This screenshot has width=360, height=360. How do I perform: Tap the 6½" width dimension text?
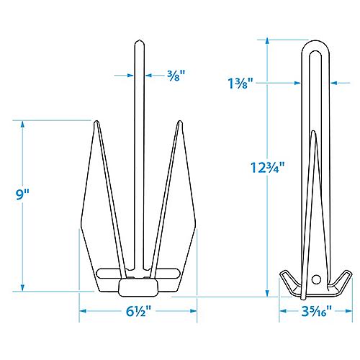pyautogui.click(x=137, y=312)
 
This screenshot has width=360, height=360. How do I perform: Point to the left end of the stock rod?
pyautogui.click(x=97, y=273)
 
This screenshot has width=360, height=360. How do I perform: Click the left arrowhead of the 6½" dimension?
pyautogui.click(x=80, y=312)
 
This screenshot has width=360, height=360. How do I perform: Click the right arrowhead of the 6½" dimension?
pyautogui.click(x=194, y=312)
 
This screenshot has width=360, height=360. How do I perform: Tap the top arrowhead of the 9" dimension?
pyautogui.click(x=23, y=122)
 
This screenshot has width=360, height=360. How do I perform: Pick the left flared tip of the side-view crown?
pyautogui.click(x=281, y=274)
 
